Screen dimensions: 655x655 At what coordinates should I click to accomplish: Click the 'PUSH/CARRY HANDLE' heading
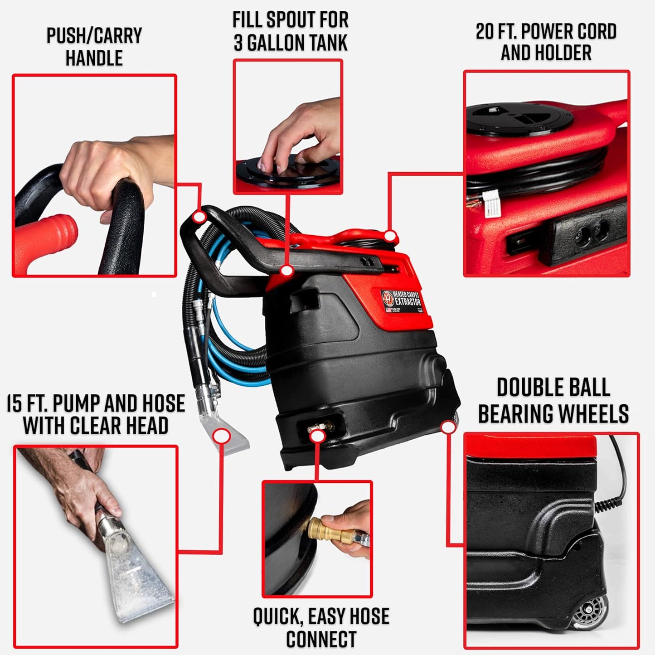[x=94, y=47]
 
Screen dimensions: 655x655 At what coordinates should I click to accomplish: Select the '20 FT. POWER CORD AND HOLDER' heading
[x=546, y=42]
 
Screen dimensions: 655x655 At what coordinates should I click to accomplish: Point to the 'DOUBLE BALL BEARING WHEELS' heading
[x=553, y=401]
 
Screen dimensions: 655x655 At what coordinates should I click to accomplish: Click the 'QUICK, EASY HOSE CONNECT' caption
[x=321, y=627]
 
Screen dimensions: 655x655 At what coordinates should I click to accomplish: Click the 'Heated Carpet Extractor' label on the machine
[x=402, y=299]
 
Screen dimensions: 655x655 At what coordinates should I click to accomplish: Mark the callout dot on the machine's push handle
[x=199, y=217]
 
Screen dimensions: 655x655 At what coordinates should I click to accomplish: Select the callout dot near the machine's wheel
[x=448, y=427]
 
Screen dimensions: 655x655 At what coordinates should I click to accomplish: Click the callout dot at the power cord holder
[x=390, y=236]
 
